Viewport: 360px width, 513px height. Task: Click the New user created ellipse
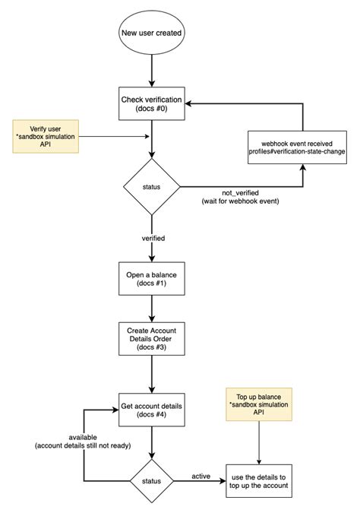click(151, 33)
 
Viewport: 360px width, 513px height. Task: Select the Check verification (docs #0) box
click(151, 103)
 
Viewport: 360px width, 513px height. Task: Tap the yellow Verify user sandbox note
click(46, 137)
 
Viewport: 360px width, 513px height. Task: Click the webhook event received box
click(297, 147)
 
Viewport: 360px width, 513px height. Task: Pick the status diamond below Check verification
click(151, 187)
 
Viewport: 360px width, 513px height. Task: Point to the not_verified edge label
click(240, 193)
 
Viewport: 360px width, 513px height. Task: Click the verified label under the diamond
click(153, 238)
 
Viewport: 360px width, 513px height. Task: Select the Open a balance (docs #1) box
click(151, 279)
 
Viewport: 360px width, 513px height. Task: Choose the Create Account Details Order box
click(151, 339)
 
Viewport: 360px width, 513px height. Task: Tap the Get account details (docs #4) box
click(151, 410)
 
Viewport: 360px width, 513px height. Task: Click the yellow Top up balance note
click(259, 404)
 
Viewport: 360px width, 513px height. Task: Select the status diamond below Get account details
click(151, 481)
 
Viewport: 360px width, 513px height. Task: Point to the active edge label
click(201, 477)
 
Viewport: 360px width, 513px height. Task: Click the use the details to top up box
click(259, 481)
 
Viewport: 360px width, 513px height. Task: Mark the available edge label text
click(83, 438)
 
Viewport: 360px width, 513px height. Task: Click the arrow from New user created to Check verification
click(152, 71)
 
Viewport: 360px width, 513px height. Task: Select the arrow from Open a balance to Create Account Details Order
click(152, 309)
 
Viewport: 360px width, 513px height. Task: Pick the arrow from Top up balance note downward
click(259, 442)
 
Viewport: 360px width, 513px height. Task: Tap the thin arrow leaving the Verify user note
click(114, 137)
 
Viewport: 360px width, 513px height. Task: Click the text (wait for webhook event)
click(240, 201)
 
